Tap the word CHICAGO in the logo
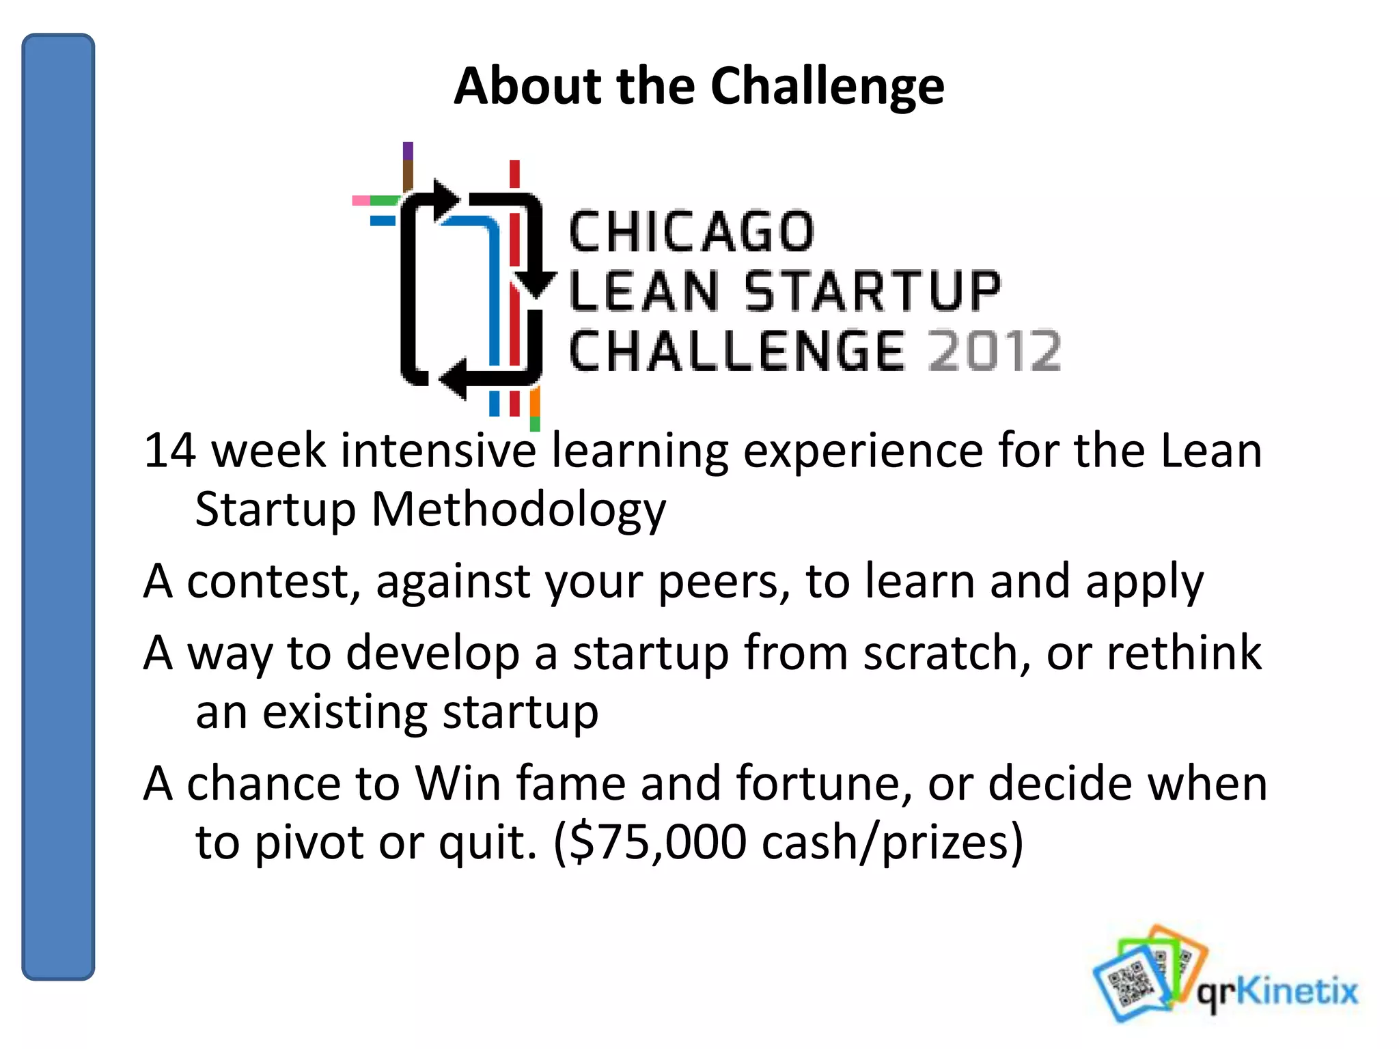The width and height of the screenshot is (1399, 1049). (x=691, y=232)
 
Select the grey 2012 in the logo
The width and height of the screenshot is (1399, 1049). (x=994, y=351)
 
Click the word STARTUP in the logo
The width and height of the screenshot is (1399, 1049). (x=872, y=292)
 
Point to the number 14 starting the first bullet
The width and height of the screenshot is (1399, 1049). (x=169, y=451)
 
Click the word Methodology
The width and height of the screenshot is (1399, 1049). (x=518, y=510)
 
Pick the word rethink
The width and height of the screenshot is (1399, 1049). (x=1183, y=654)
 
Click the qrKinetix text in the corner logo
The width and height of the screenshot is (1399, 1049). (x=1276, y=991)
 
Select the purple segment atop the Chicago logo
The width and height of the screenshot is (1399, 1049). (x=408, y=150)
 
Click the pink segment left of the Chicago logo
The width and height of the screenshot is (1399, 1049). (x=360, y=201)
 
